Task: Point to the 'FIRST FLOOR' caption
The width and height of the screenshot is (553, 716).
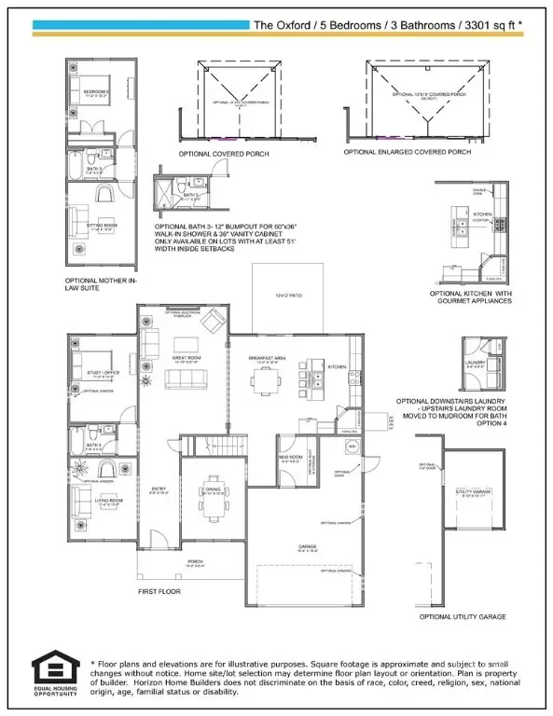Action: pos(159,591)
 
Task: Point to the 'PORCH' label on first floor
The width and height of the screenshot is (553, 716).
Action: pos(194,561)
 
